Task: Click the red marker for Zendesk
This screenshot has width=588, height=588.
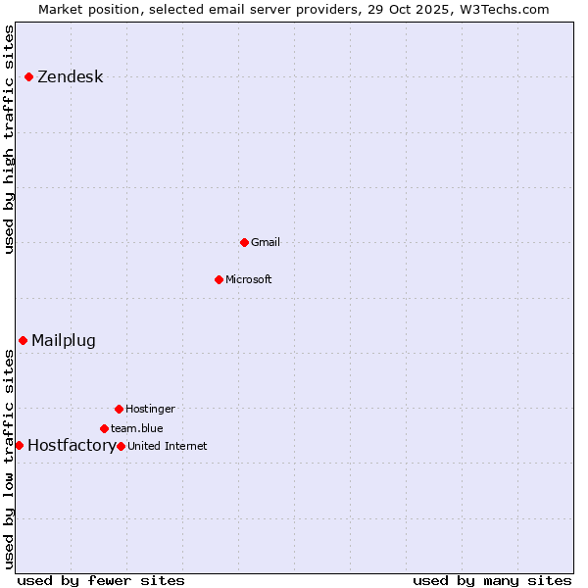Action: point(29,76)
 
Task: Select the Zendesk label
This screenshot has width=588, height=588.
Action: point(70,77)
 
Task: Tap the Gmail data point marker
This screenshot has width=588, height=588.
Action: point(244,242)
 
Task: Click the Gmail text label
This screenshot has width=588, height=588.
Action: point(266,242)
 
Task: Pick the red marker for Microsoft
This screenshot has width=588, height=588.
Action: point(219,279)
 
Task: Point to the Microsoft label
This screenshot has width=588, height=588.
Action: point(249,279)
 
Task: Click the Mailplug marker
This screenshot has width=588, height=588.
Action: point(23,340)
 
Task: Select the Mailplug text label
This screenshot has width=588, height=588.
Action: point(64,341)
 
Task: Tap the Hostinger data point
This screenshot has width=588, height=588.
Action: point(119,409)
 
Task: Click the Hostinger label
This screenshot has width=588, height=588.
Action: point(150,409)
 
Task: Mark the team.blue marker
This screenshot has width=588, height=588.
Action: point(104,428)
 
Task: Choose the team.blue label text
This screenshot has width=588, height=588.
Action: point(137,428)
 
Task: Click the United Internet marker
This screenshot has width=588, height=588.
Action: point(121,446)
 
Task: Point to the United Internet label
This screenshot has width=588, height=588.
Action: point(168,446)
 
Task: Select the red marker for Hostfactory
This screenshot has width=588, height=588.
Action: point(19,445)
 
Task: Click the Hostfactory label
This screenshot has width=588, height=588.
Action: point(72,446)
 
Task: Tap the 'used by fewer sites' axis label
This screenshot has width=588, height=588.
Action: point(101,580)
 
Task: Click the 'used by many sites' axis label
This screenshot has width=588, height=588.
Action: point(492,580)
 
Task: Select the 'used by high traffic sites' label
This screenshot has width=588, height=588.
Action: point(10,139)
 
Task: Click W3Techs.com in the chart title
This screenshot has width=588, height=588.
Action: point(504,9)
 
